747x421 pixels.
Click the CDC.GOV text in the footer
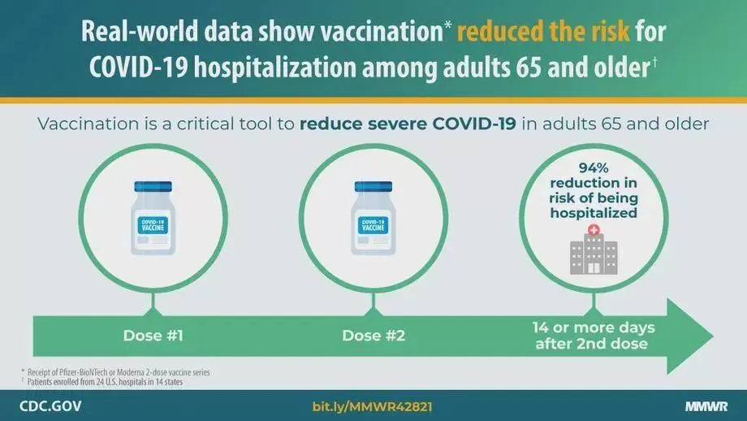pyautogui.click(x=50, y=406)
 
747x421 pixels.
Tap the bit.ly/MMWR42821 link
pyautogui.click(x=373, y=406)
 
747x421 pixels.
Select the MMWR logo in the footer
pyautogui.click(x=706, y=406)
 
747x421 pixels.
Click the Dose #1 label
pyautogui.click(x=153, y=336)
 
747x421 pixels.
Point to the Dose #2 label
pyautogui.click(x=373, y=336)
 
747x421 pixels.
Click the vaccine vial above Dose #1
pyautogui.click(x=153, y=218)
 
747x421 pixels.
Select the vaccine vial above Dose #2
pyautogui.click(x=373, y=218)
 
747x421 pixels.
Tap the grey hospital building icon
pyautogui.click(x=594, y=254)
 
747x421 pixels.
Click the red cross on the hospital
pyautogui.click(x=594, y=230)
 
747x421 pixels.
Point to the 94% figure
pyautogui.click(x=594, y=167)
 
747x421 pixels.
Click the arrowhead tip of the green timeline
pyautogui.click(x=713, y=336)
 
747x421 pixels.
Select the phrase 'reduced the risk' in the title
pyautogui.click(x=543, y=32)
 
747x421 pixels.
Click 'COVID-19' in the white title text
pyautogui.click(x=138, y=67)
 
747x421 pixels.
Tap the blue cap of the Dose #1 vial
pyautogui.click(x=153, y=186)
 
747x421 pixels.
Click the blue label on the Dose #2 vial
pyautogui.click(x=373, y=225)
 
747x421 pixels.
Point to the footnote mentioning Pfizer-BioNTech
pyautogui.click(x=116, y=372)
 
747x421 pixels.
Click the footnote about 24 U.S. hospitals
pyautogui.click(x=102, y=381)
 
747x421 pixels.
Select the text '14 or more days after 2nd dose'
pyautogui.click(x=593, y=336)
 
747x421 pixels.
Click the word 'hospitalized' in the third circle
pyautogui.click(x=594, y=213)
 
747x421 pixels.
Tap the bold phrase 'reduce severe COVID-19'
pyautogui.click(x=408, y=124)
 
